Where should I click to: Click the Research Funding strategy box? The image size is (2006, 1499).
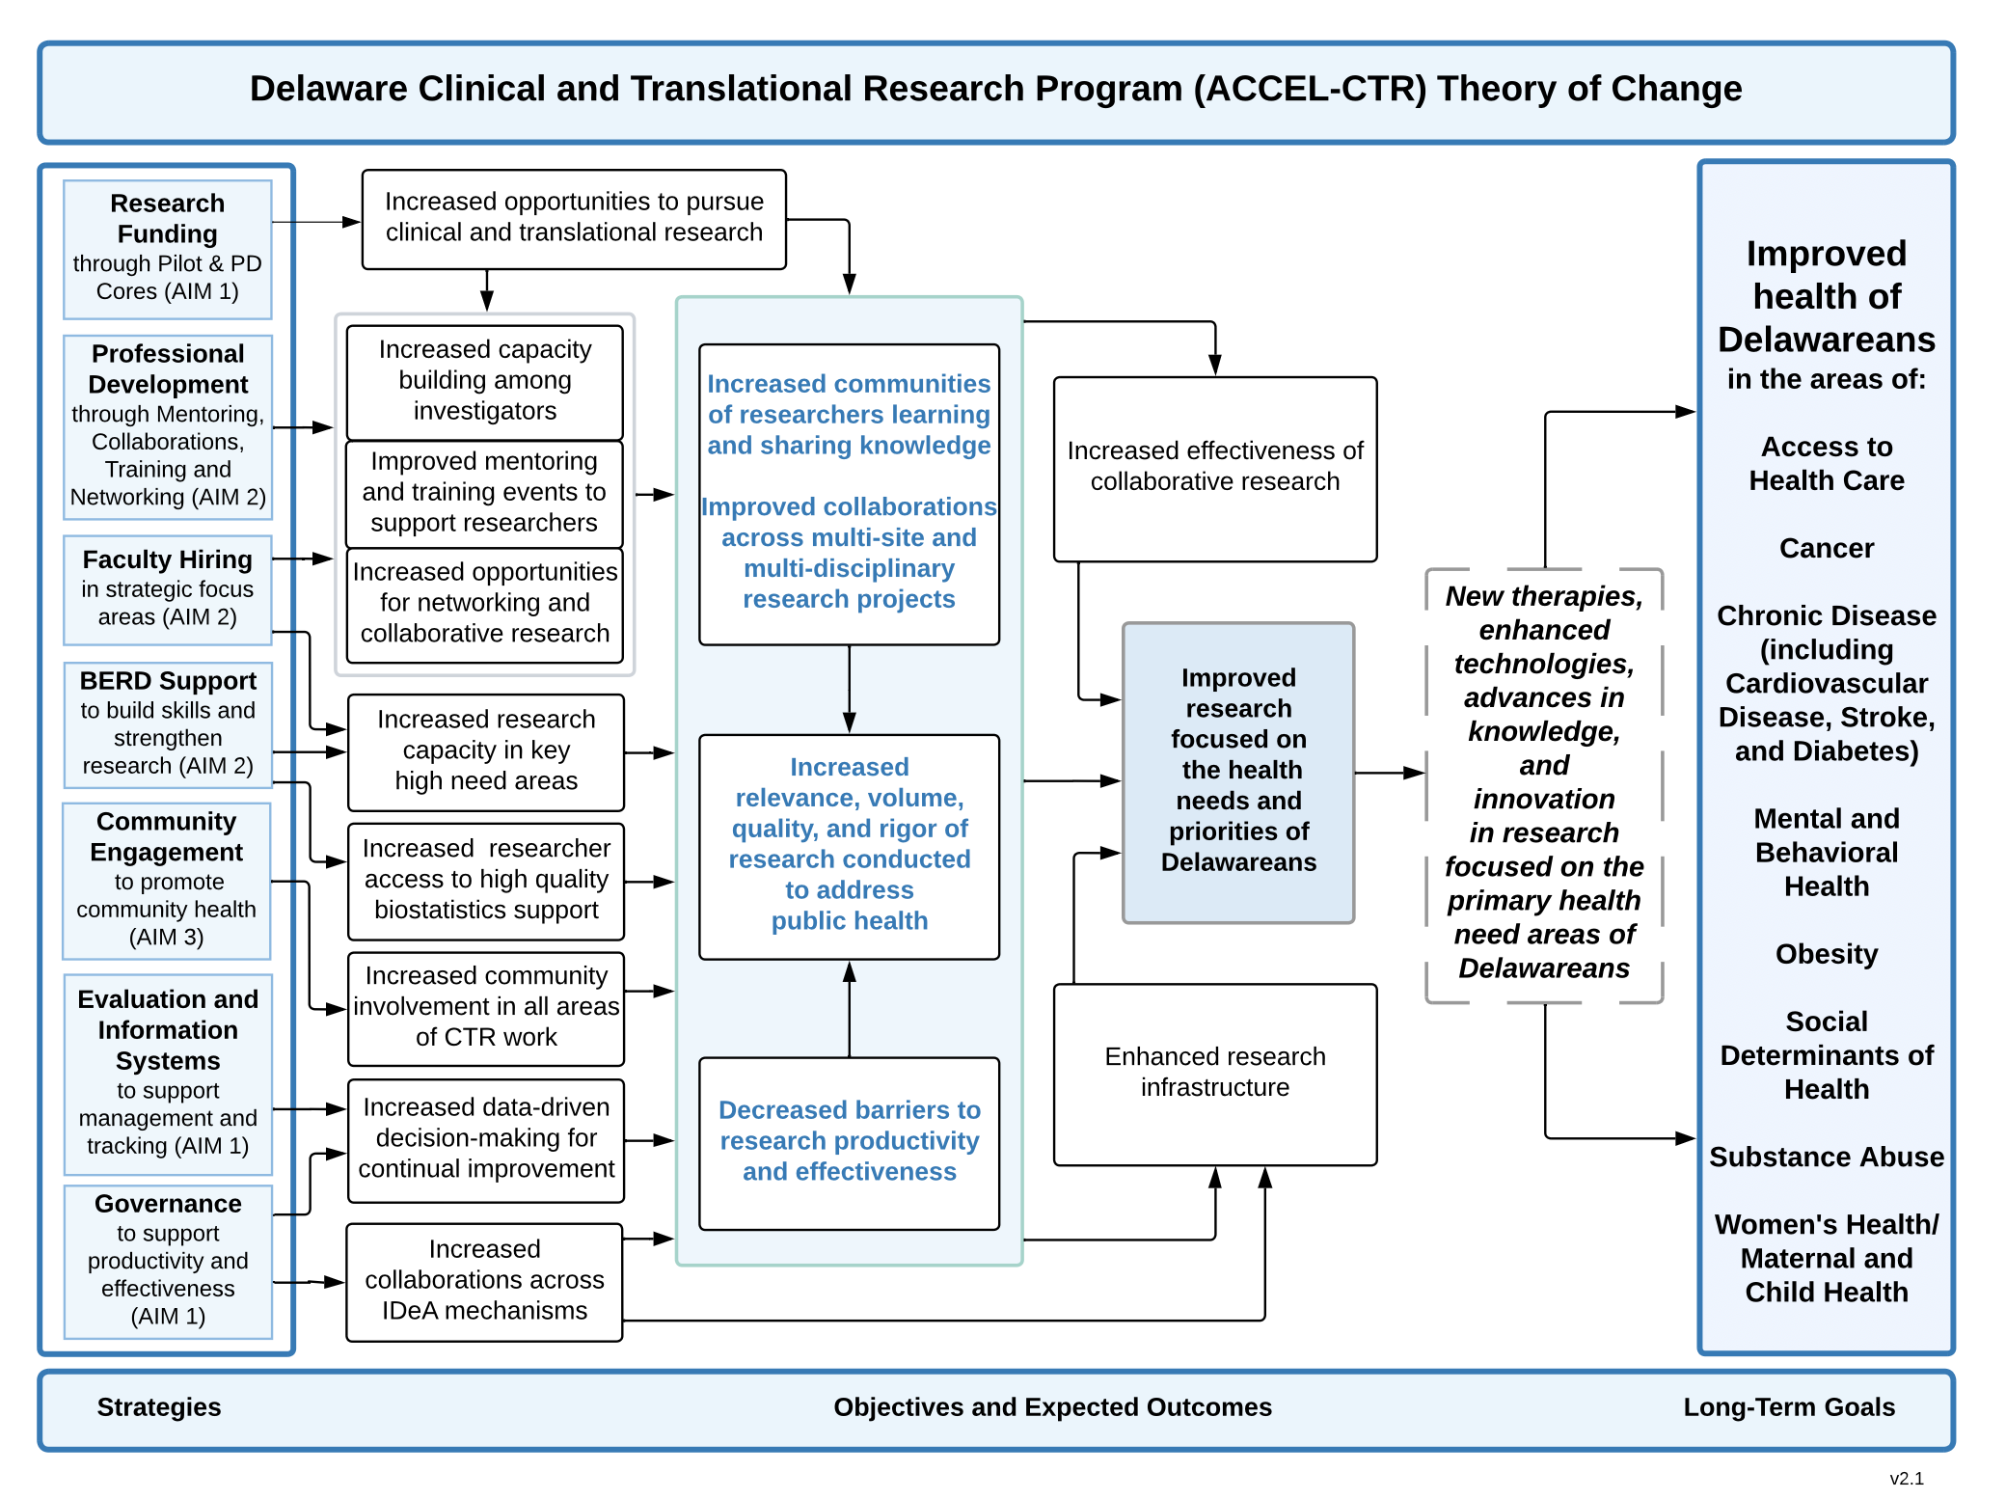click(167, 249)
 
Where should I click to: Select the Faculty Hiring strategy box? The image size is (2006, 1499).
click(167, 589)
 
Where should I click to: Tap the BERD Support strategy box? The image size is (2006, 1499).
click(167, 723)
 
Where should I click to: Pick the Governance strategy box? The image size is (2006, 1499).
click(167, 1261)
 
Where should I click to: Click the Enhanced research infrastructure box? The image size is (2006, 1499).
click(1214, 1074)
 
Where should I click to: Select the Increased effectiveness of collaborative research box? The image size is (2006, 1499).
click(1214, 468)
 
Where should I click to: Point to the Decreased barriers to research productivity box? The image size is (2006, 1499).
click(849, 1142)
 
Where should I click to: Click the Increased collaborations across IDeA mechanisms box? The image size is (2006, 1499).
click(484, 1281)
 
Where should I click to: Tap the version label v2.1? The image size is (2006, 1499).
click(1906, 1478)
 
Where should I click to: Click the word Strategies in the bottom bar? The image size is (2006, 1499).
click(159, 1407)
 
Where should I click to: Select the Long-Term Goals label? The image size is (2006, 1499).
click(1788, 1407)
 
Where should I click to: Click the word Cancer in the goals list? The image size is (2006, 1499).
click(1826, 548)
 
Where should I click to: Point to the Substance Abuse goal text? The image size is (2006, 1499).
click(1826, 1157)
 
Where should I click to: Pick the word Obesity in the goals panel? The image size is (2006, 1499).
click(1826, 954)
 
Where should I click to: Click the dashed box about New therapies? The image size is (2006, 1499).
click(1543, 783)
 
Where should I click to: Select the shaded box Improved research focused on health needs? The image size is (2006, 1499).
click(1238, 772)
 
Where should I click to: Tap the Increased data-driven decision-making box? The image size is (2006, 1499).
click(485, 1139)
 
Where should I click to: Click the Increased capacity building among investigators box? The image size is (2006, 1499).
click(484, 381)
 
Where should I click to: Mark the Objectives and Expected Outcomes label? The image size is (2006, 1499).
click(1052, 1407)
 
